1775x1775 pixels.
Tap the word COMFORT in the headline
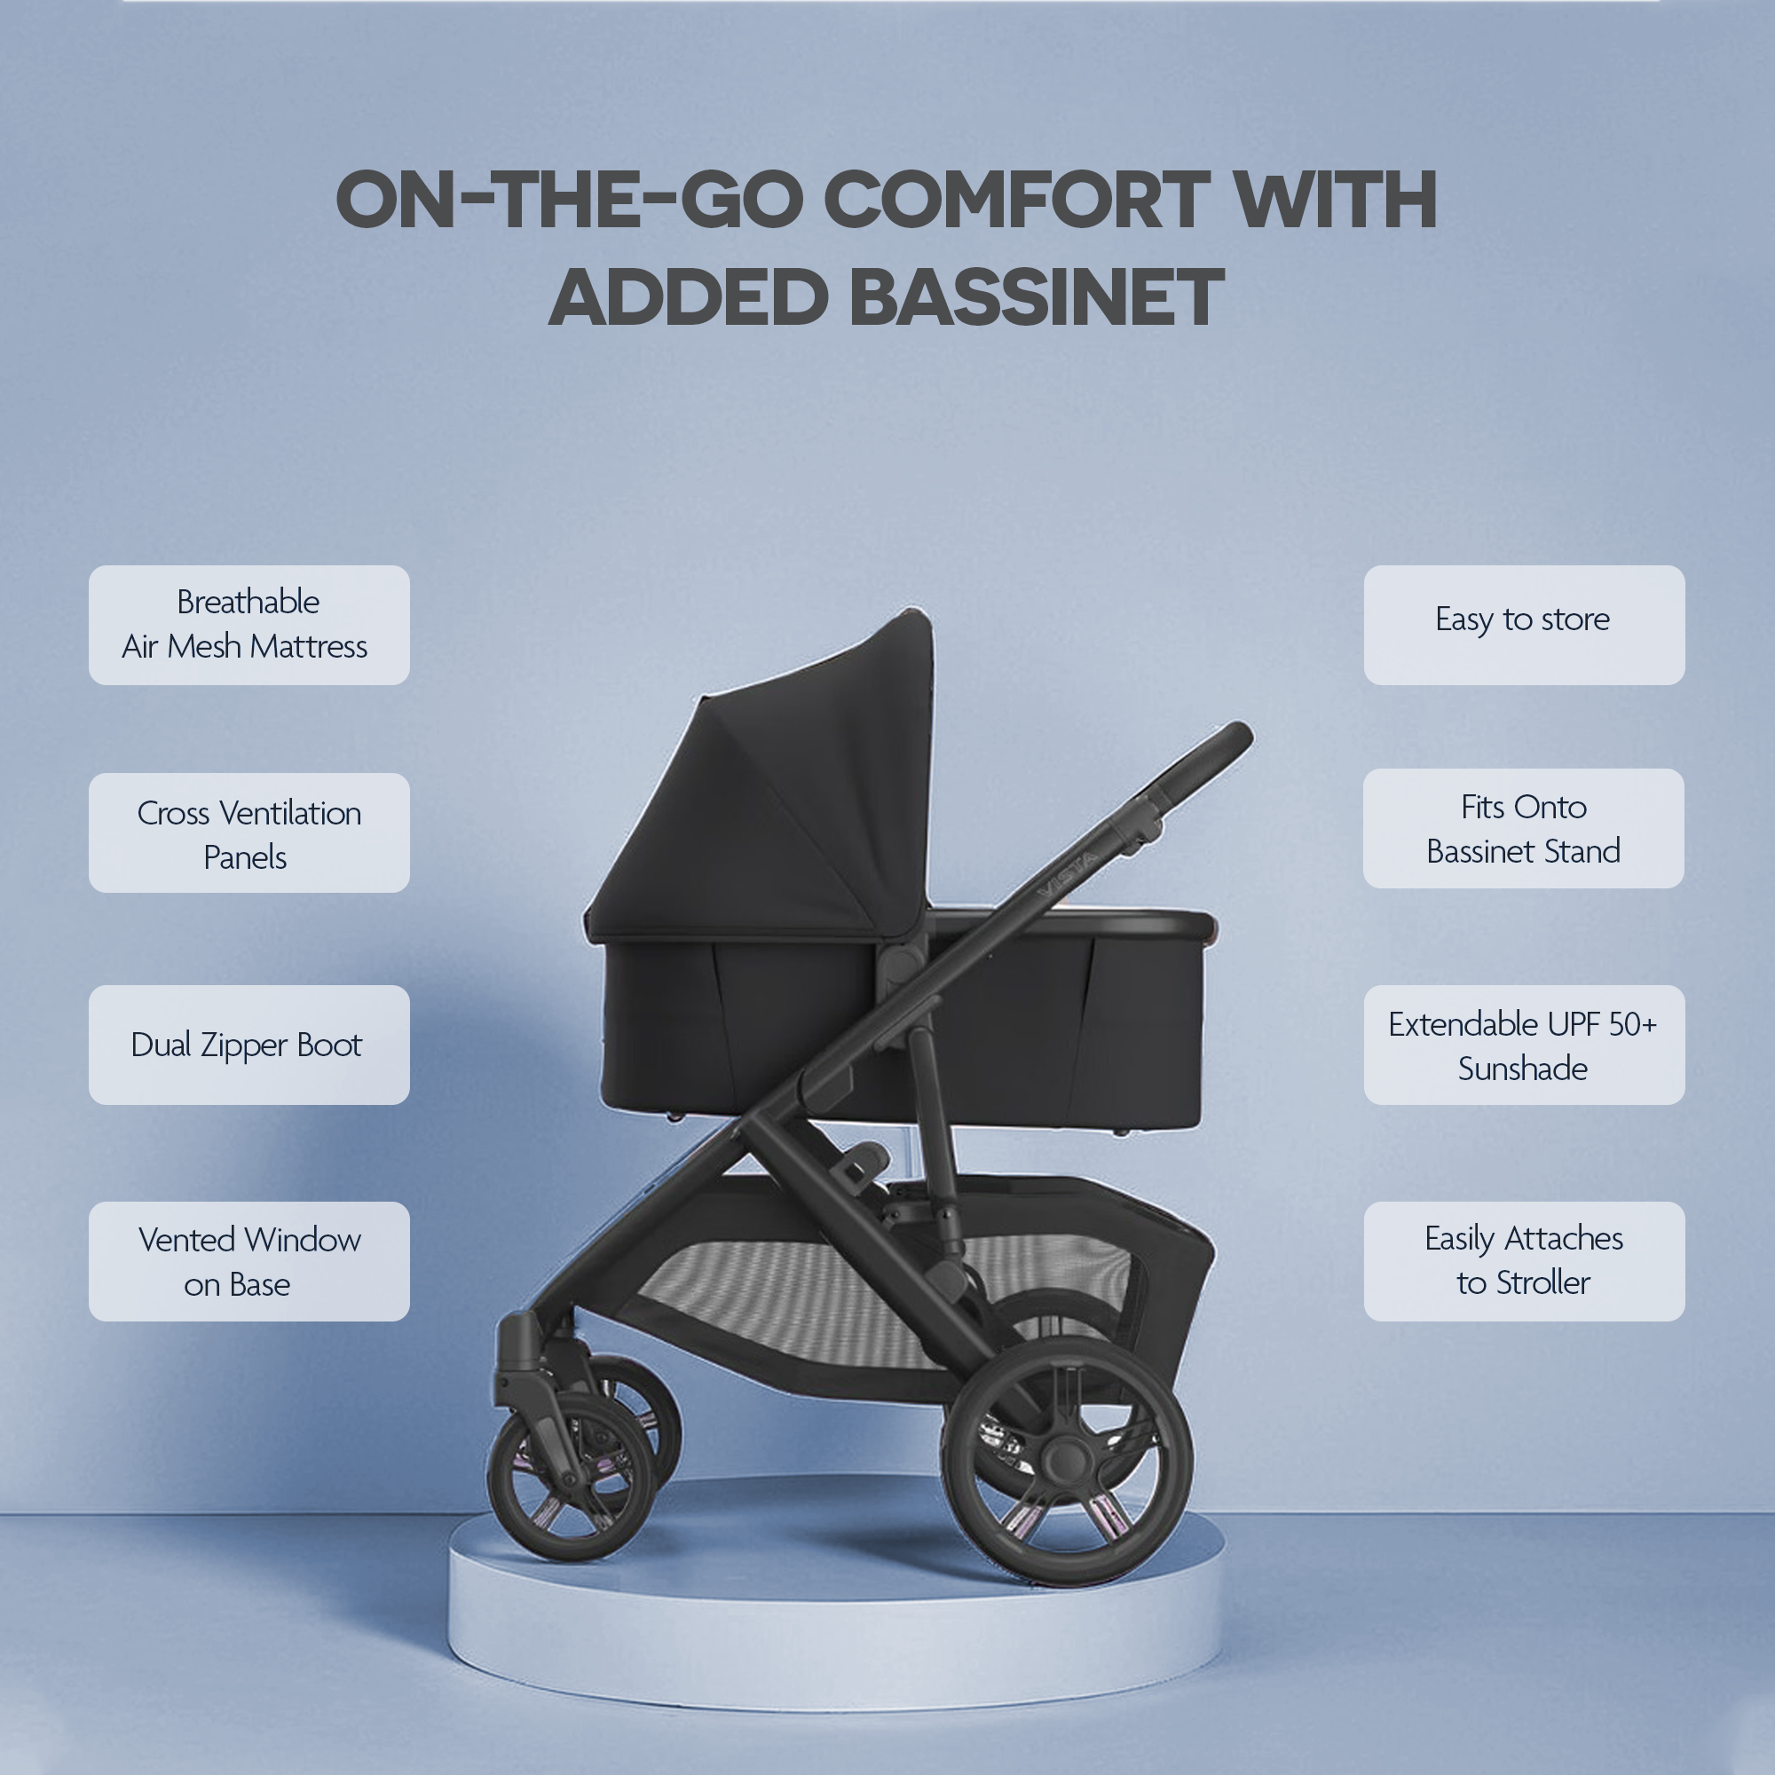(x=1016, y=200)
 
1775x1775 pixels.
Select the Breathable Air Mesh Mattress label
(x=249, y=625)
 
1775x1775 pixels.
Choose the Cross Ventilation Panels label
(x=249, y=833)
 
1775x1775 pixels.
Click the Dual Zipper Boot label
(x=249, y=1045)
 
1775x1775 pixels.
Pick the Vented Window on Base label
(x=249, y=1261)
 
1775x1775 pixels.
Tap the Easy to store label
(x=1523, y=625)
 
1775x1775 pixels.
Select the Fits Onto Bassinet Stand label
(x=1523, y=829)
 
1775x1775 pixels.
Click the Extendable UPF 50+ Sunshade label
(x=1523, y=1045)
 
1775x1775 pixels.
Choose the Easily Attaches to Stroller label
(x=1523, y=1261)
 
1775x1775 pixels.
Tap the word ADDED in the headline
(x=689, y=297)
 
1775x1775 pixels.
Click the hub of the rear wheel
(x=1067, y=1459)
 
